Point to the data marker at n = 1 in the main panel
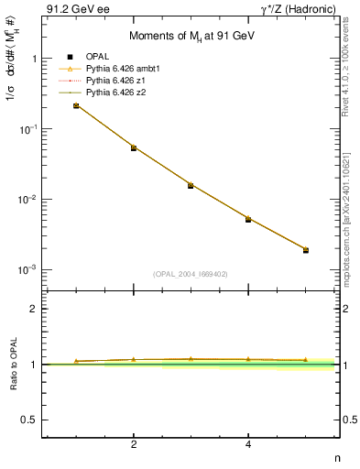[x=76, y=106]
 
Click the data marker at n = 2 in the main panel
[x=134, y=147]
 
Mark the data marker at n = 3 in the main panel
[x=191, y=185]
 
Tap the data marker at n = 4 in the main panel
[x=248, y=219]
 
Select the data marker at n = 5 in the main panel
[x=306, y=249]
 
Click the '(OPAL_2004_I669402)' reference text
[x=191, y=272]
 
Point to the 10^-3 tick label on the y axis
[x=27, y=270]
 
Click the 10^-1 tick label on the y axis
[x=27, y=129]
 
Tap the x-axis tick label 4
[x=248, y=444]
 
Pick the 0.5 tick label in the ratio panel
[x=28, y=420]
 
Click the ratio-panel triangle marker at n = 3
[x=191, y=358]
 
